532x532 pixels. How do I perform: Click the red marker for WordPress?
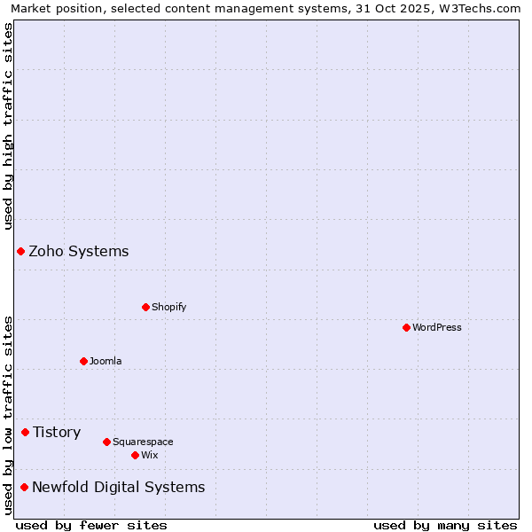[406, 327]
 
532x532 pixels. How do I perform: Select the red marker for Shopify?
[145, 307]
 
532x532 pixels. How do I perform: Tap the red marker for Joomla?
[83, 361]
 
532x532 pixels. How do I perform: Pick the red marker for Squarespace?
[106, 442]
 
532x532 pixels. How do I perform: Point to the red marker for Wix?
[135, 455]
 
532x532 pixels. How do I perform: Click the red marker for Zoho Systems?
[20, 251]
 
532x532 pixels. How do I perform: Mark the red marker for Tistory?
[25, 432]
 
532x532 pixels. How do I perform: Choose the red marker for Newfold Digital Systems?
[24, 487]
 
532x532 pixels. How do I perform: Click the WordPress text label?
[437, 327]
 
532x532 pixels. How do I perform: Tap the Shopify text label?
[169, 307]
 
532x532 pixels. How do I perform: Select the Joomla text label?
[106, 361]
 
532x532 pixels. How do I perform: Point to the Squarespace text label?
[143, 442]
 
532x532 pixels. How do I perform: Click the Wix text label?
[150, 455]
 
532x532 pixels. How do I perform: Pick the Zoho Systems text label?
[79, 251]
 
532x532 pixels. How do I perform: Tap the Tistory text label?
[57, 432]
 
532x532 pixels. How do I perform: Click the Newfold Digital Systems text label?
[119, 487]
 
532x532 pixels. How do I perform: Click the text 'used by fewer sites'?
[91, 525]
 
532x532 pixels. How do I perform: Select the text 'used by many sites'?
[445, 525]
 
